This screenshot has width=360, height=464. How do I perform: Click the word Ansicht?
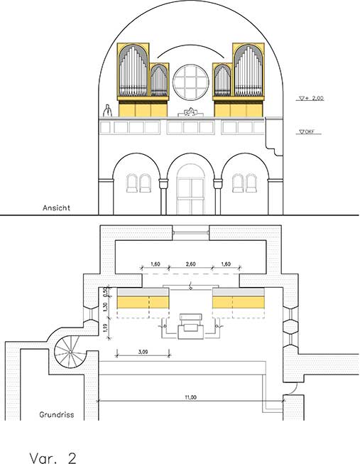pyautogui.click(x=56, y=207)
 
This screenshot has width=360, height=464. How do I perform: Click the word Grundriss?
pyautogui.click(x=57, y=414)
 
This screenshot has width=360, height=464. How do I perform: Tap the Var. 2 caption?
pyautogui.click(x=53, y=457)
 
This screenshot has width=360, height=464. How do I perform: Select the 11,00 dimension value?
pyautogui.click(x=190, y=397)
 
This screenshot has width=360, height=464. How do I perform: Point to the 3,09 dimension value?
pyautogui.click(x=143, y=352)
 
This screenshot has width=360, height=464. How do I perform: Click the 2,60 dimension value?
pyautogui.click(x=190, y=264)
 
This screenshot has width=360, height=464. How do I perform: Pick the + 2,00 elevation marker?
pyautogui.click(x=311, y=98)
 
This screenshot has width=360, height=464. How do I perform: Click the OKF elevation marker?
pyautogui.click(x=307, y=132)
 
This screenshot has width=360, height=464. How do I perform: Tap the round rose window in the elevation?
pyautogui.click(x=191, y=82)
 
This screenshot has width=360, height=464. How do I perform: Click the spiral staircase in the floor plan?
pyautogui.click(x=70, y=352)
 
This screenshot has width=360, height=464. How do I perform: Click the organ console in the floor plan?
pyautogui.click(x=191, y=327)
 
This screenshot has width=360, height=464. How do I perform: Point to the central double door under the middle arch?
pyautogui.click(x=191, y=196)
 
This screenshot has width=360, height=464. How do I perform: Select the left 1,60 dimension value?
pyautogui.click(x=156, y=264)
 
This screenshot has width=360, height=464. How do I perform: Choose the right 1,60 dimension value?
pyautogui.click(x=226, y=264)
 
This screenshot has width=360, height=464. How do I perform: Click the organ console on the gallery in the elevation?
pyautogui.click(x=191, y=112)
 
